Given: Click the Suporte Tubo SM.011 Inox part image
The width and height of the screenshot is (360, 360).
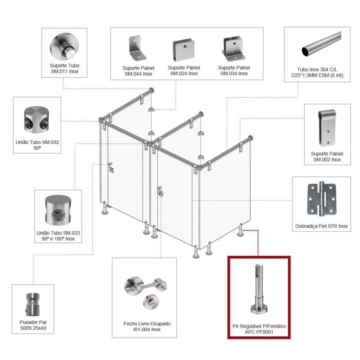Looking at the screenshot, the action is (x=64, y=47).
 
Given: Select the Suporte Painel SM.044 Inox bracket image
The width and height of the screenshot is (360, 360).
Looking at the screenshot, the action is (x=137, y=48).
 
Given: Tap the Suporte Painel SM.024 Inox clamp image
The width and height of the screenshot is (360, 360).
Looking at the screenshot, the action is (x=184, y=49).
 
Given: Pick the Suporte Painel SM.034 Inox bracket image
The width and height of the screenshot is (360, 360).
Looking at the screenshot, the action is (x=233, y=49).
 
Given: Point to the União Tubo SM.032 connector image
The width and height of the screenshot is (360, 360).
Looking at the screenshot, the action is (x=36, y=120).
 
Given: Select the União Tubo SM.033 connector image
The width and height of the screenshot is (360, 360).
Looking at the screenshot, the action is (x=58, y=210).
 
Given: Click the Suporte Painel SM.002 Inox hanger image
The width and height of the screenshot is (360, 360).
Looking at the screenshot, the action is (x=327, y=128).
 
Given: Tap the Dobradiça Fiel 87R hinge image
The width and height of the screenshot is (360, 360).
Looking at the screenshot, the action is (x=321, y=199).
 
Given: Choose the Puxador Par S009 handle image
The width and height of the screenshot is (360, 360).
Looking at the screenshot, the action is (x=32, y=304).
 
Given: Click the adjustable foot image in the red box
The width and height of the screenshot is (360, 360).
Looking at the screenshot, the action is (x=259, y=289).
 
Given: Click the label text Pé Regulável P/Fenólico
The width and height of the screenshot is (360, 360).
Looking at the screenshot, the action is (x=259, y=326).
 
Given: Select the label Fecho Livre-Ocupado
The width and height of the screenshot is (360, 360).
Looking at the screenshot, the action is (x=147, y=324).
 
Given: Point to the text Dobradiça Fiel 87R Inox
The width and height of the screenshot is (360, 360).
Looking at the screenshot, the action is (x=321, y=226).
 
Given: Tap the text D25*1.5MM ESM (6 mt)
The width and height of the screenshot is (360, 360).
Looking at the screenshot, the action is (x=317, y=75).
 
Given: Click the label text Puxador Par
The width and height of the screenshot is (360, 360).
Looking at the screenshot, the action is (x=33, y=322).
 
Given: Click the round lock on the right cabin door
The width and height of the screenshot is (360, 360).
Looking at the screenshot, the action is (x=161, y=193).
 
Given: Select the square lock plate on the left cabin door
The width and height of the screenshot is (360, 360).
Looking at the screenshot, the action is (x=111, y=170).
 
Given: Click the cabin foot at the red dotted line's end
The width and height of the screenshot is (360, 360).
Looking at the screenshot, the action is (x=240, y=230).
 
